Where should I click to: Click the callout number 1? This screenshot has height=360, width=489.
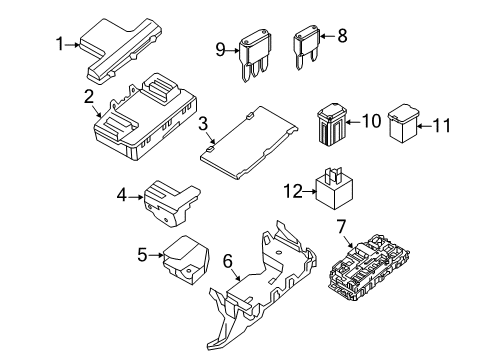coord(60,44)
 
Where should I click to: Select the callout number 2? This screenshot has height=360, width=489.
coord(89,97)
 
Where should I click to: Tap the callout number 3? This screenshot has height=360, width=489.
coord(203,124)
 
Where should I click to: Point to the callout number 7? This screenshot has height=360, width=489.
coord(341,227)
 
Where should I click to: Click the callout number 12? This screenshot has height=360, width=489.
coord(293,191)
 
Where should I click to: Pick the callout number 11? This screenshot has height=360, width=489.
coord(442,126)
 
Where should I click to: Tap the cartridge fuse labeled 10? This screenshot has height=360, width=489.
coord(332,124)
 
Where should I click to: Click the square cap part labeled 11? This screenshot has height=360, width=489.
coord(403,123)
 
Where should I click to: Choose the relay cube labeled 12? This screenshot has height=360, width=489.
coord(334,189)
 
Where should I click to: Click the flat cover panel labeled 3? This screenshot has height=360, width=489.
coord(249,143)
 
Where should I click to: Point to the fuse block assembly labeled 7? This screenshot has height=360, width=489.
coord(369,267)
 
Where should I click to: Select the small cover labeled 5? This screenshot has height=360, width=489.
coord(185,260)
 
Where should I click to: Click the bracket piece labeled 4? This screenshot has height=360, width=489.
coord(171,203)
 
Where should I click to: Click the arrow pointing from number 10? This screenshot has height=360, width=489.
coord(354,122)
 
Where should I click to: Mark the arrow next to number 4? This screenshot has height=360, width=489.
coord(136,197)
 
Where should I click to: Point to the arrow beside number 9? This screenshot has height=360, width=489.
coord(233,51)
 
